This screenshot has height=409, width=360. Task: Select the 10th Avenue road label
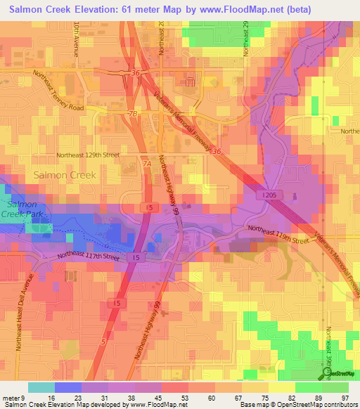coord(76,42)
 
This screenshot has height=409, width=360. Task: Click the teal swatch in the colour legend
coord(41,387)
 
